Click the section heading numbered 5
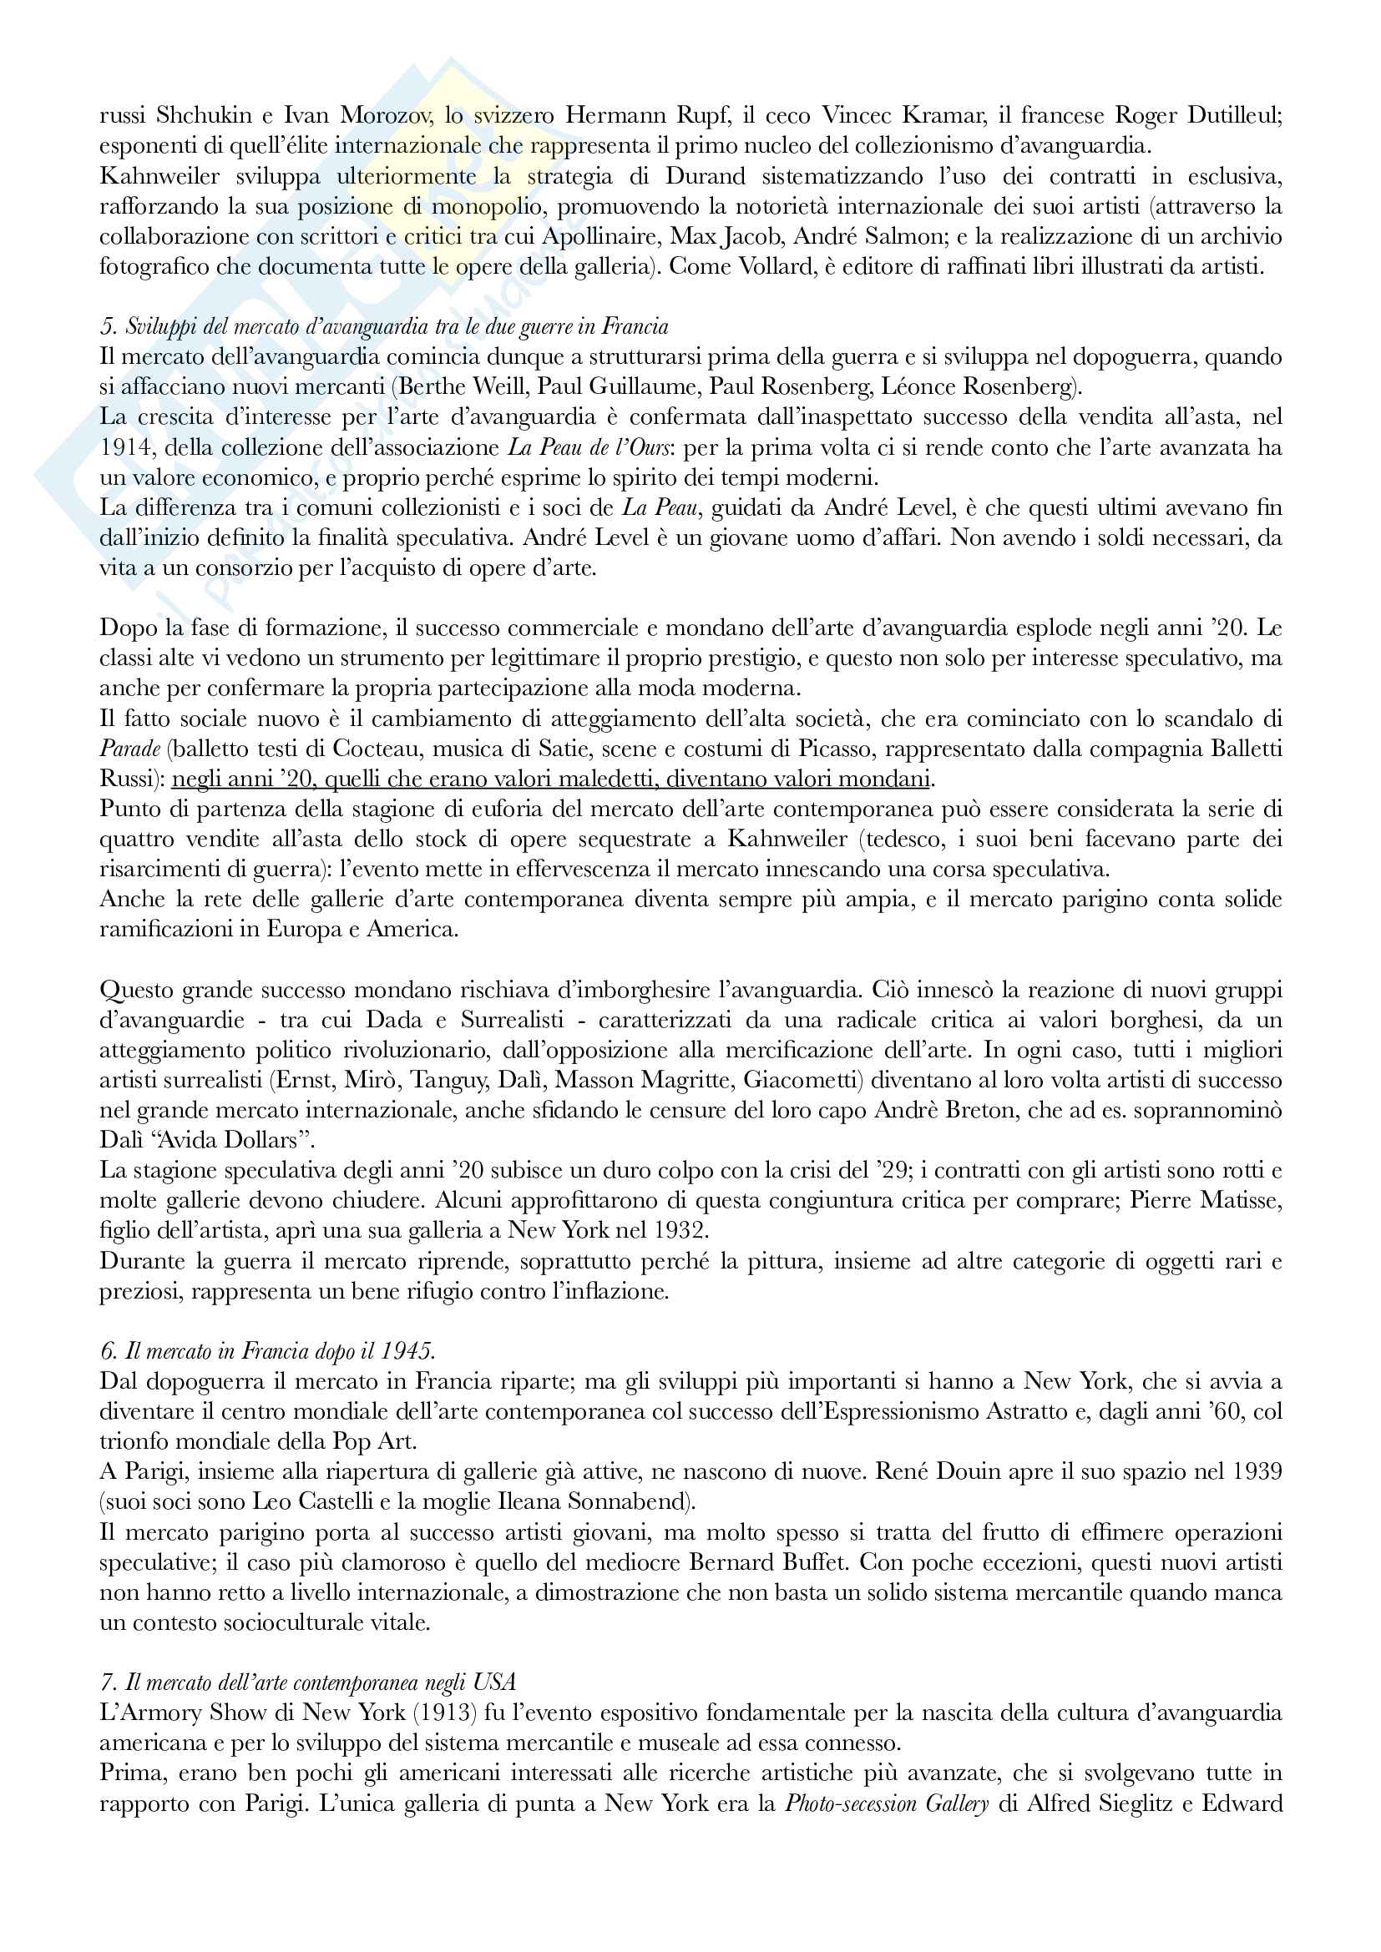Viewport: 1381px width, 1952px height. pos(383,326)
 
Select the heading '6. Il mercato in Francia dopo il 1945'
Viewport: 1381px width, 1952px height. pos(267,1351)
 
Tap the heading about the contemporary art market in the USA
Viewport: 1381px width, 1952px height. pos(308,1682)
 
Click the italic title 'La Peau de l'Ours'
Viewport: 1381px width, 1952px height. pos(588,447)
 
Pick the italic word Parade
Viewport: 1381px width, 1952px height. pos(130,749)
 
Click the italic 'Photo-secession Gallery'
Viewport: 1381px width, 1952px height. pos(886,1803)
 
